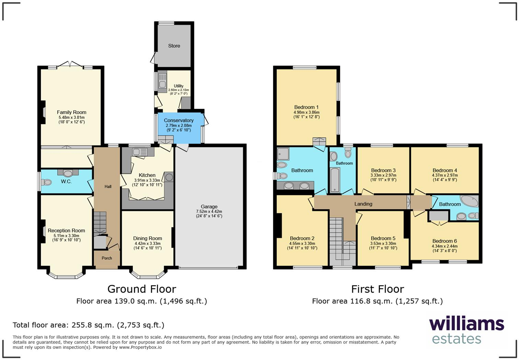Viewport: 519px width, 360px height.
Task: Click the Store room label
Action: tap(174, 46)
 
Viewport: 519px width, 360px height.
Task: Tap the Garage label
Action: tap(209, 207)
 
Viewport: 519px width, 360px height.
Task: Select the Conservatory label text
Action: tap(178, 120)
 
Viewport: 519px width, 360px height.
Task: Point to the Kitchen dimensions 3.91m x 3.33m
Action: tap(147, 180)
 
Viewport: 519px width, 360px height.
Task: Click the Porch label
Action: tap(107, 258)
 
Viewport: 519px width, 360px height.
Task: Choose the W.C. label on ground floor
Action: tap(66, 181)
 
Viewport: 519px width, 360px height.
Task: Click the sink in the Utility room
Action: tap(162, 84)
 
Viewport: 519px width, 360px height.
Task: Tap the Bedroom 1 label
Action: tap(306, 107)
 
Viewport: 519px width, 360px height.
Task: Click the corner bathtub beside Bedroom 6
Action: tap(469, 201)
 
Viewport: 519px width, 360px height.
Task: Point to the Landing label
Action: tap(363, 204)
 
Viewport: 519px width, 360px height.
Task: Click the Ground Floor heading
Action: tap(142, 289)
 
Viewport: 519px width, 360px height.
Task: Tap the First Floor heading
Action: tap(378, 289)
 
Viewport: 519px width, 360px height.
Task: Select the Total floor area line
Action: tap(89, 325)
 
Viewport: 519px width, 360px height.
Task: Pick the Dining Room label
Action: tap(148, 238)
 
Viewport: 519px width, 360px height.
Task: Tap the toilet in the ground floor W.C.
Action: tap(46, 182)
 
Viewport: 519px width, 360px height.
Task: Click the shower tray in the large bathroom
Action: tap(284, 154)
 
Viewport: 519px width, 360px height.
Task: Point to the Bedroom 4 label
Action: tap(445, 170)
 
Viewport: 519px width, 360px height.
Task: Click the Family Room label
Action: tap(71, 112)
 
